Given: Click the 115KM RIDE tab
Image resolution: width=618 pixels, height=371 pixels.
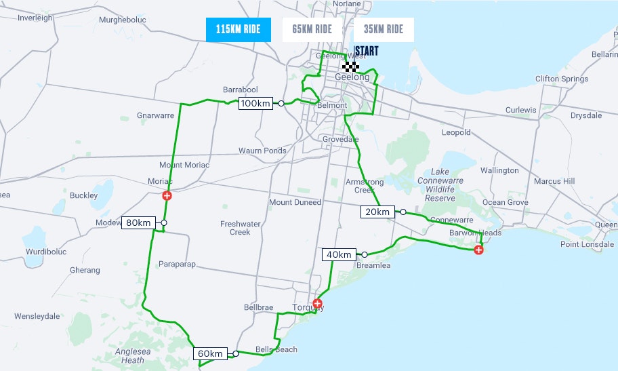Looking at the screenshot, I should point(238,29).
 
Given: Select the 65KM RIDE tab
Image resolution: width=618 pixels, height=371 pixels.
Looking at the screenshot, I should point(312,29).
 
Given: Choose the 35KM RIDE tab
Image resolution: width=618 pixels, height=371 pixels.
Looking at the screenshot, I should point(383,29).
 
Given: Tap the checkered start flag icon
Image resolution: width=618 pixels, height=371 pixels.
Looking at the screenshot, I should point(350,66).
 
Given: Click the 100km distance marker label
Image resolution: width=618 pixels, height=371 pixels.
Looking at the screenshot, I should point(255,103).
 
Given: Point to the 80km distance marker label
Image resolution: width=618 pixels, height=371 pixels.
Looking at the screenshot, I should point(138,222).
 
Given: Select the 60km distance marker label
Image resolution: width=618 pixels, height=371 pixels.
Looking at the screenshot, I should point(209,353).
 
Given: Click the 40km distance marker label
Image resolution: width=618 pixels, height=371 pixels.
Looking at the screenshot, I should point(339,254).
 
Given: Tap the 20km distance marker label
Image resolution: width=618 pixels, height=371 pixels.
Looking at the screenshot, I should point(377,212).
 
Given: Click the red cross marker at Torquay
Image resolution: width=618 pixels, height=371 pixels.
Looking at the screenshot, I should point(316,303).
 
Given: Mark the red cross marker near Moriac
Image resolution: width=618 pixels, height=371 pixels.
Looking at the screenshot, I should point(167,196).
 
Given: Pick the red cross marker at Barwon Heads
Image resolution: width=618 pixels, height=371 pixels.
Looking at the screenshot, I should point(478,250).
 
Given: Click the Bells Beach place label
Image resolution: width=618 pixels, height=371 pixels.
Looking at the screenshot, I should point(276,350).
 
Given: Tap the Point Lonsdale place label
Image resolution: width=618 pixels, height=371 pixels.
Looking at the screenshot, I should point(586,244).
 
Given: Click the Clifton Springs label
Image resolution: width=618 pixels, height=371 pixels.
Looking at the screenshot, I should point(561,79).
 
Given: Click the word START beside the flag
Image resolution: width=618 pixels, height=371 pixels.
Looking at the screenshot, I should point(366,52).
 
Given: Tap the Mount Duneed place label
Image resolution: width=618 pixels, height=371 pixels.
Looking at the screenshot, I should point(295,202).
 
